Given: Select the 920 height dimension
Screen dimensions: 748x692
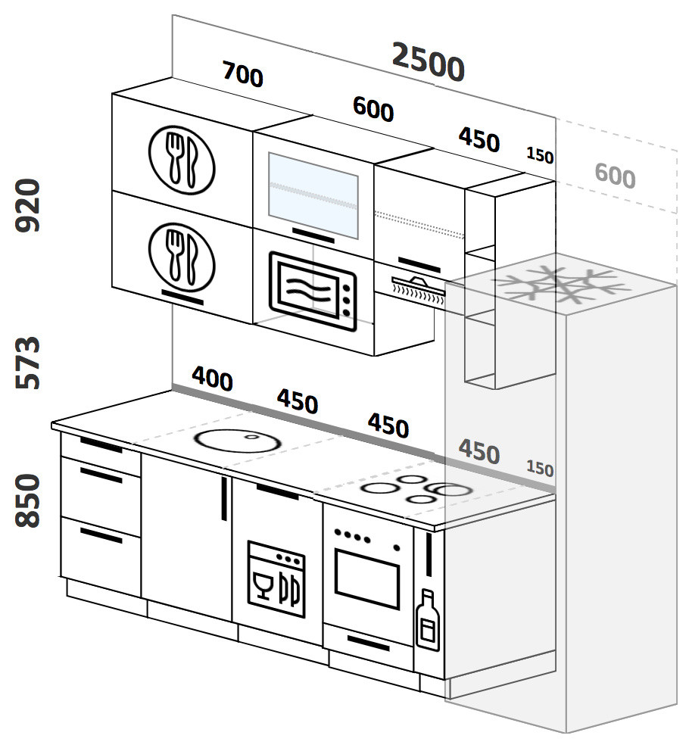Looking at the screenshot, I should pos(28,205).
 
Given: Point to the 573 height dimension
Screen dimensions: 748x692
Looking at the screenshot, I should pos(28,363).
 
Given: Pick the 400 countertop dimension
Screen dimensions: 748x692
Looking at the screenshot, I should pos(212,378).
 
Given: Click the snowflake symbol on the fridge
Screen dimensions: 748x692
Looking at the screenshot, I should pos(561,285).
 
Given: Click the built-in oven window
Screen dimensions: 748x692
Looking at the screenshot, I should pos(367,581).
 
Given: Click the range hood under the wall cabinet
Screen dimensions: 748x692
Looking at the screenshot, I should pos(416,288).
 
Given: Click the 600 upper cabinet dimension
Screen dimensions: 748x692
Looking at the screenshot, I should pos(373,110).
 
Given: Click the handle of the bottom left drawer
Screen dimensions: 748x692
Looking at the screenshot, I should pos(101,535).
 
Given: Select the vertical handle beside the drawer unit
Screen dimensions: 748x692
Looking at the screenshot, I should pos(224,497).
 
